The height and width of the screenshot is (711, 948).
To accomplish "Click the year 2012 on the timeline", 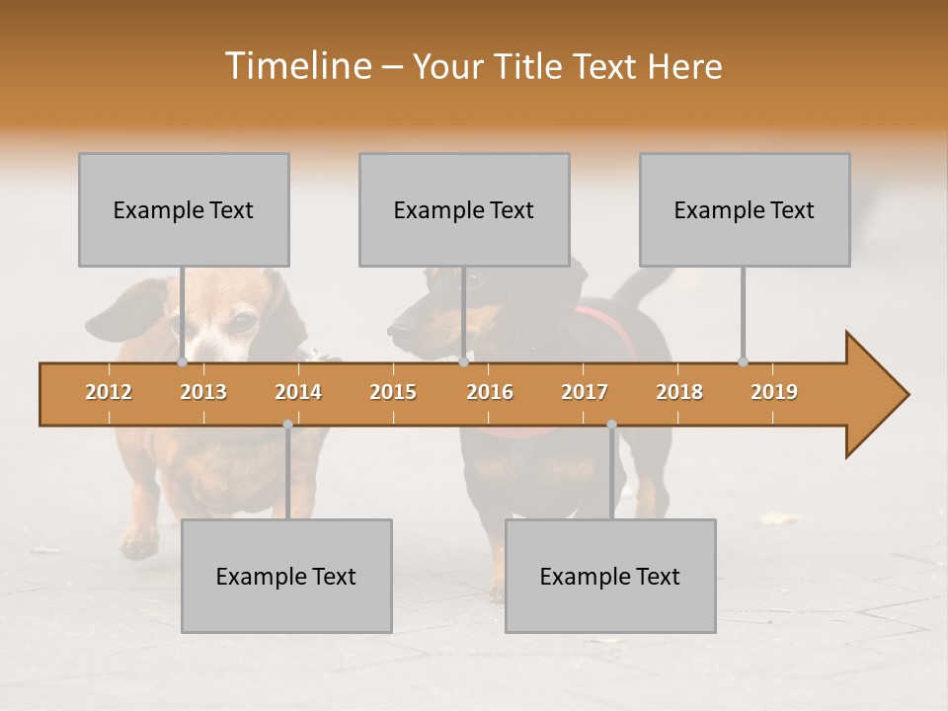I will pos(109,392).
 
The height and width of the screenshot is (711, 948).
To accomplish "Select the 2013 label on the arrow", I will pos(203,392).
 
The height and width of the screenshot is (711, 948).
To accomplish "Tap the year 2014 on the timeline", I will pos(298,392).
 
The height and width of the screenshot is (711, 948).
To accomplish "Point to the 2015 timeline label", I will pos(393,392).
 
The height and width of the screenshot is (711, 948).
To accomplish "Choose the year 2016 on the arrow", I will pos(490,392).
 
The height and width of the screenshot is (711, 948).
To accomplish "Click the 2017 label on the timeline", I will pos(585,392).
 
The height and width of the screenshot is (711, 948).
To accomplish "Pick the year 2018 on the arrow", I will pos(679,392).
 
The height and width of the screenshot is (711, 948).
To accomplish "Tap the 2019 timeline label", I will pos(774,392).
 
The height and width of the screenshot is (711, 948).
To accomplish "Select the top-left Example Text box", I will pos(184,209).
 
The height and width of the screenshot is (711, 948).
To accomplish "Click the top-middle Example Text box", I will pos(464,209).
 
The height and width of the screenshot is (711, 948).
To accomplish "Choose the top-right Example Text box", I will pos(745,209).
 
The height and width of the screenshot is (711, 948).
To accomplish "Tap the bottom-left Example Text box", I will pos(286,576).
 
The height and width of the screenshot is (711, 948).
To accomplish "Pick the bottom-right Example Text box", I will pos(610,576).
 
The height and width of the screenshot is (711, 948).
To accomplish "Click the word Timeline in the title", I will pos(295,66).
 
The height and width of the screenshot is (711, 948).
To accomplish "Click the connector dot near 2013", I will pos(182,362).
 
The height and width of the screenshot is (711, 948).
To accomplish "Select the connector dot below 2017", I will pos(611,425).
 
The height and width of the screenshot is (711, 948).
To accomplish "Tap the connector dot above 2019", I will pos(743,362).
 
